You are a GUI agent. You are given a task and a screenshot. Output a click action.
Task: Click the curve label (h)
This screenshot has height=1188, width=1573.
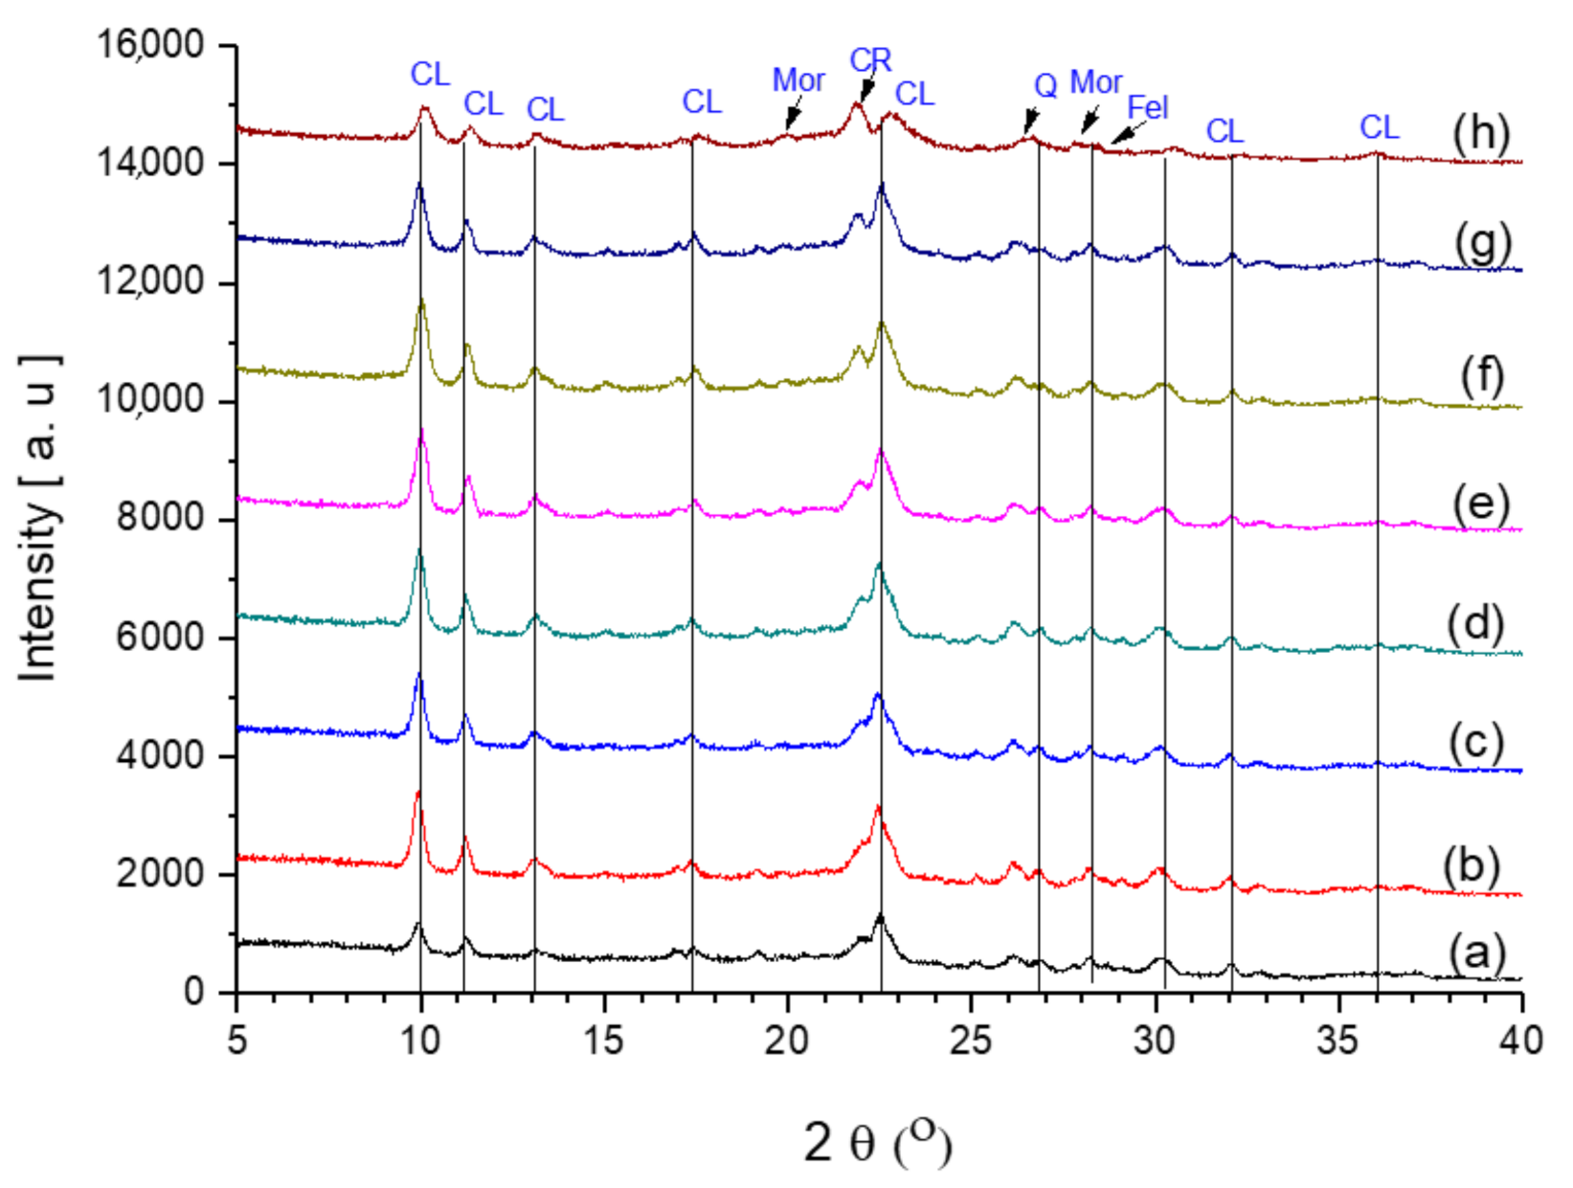click(1480, 134)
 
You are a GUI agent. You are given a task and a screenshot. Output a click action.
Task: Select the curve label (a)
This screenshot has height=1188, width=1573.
click(1477, 953)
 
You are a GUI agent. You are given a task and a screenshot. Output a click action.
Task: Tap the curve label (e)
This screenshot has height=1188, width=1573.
click(1480, 504)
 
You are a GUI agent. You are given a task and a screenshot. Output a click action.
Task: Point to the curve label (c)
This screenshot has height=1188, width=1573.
click(1475, 743)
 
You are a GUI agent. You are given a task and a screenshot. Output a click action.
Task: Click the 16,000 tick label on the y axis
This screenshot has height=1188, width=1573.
click(150, 44)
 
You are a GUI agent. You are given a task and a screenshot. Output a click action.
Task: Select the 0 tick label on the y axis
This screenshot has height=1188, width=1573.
click(194, 992)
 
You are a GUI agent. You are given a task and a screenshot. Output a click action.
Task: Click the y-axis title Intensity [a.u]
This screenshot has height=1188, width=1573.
click(39, 518)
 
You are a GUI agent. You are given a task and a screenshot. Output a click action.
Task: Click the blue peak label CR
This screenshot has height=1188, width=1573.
click(870, 61)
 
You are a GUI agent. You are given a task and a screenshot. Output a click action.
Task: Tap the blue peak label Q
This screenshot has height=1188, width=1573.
click(1045, 86)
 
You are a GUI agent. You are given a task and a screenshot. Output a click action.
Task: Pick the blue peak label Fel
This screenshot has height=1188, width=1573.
click(1147, 107)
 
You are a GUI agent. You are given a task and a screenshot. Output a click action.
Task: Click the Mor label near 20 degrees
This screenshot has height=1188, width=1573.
click(798, 81)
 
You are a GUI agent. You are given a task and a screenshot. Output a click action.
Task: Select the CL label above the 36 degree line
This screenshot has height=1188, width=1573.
click(1379, 127)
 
